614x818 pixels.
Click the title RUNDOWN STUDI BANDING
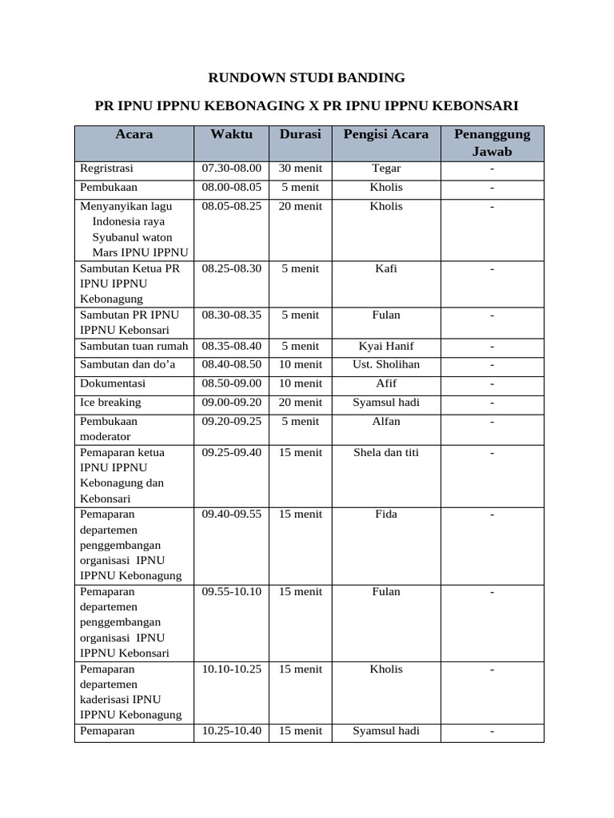tap(306, 77)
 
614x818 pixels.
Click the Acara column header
tap(134, 134)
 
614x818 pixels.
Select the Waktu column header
tap(231, 134)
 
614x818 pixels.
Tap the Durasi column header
tap(300, 134)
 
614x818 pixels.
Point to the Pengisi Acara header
tap(386, 134)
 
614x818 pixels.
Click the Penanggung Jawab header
tap(492, 142)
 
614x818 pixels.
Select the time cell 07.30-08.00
tap(231, 169)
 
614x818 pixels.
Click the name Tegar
tap(386, 169)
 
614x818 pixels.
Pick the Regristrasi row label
tap(106, 169)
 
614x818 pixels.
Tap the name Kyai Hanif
tap(386, 347)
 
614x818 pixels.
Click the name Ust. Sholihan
tap(386, 364)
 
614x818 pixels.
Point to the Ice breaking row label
tap(110, 403)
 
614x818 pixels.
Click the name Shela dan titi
tap(386, 453)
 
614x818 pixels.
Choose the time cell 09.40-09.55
tap(231, 514)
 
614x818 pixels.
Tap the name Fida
tap(386, 514)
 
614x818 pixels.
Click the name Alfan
tap(386, 421)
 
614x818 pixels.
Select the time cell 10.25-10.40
tap(231, 731)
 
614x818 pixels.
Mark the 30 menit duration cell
tap(300, 169)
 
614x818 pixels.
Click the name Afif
tap(386, 383)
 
